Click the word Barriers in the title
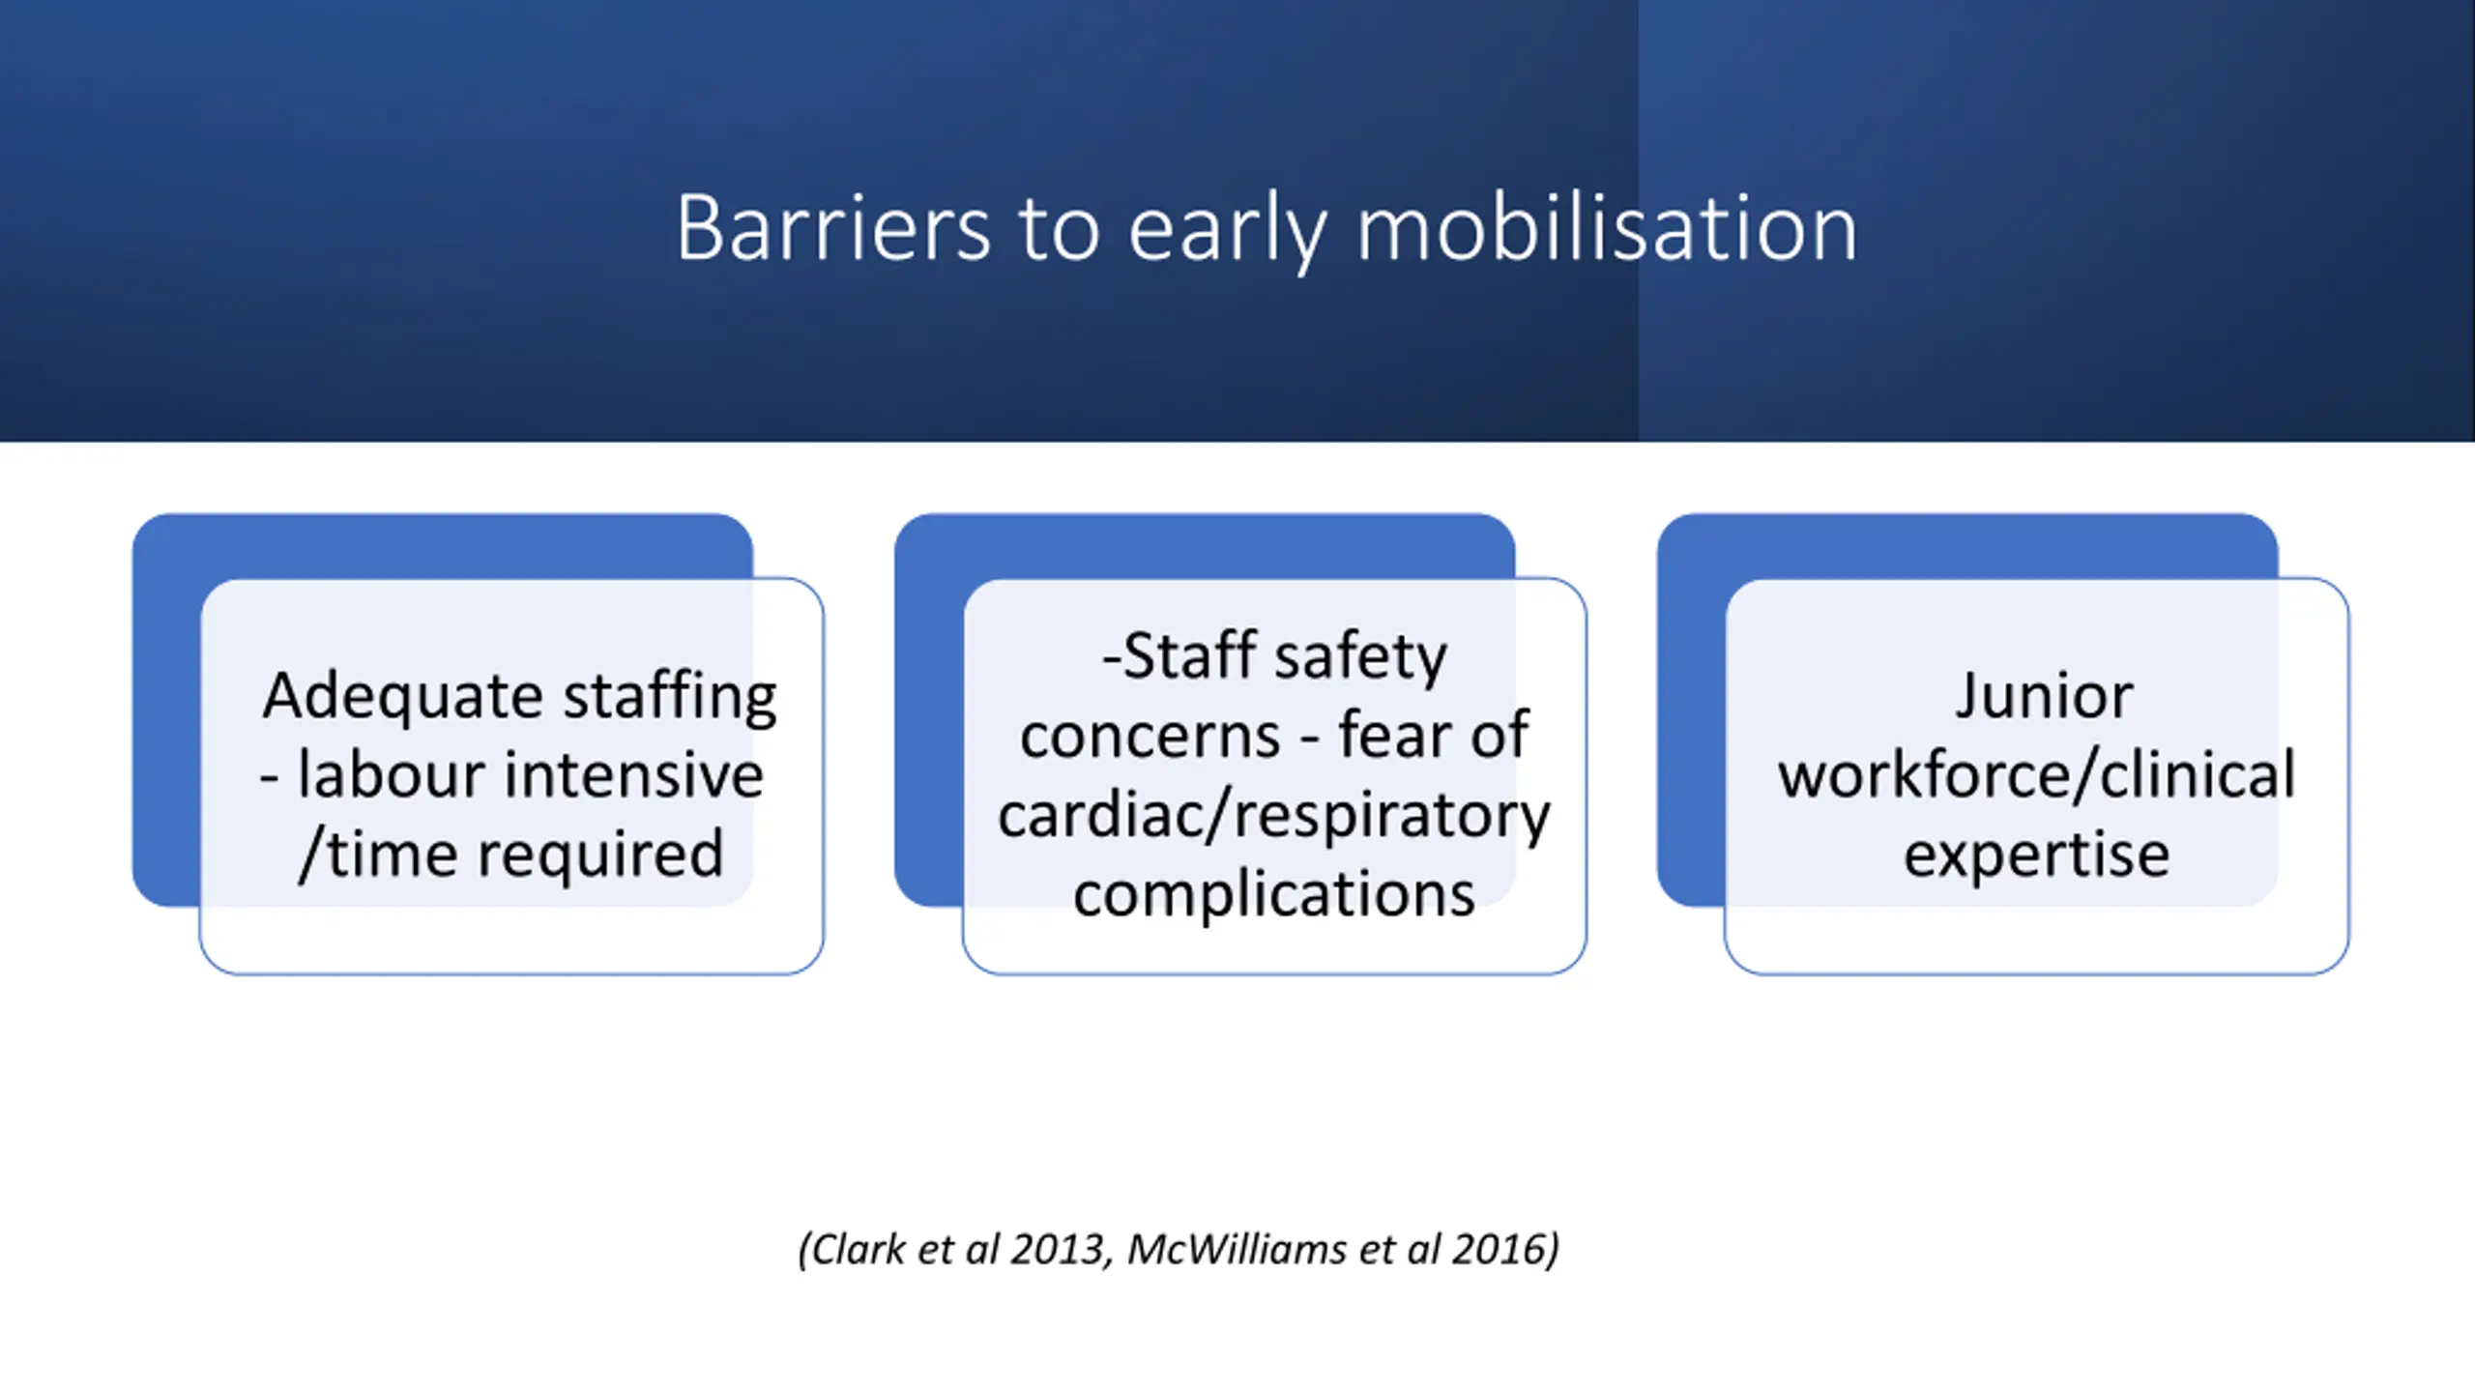pyautogui.click(x=832, y=228)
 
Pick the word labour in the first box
pyautogui.click(x=385, y=775)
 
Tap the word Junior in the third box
pyautogui.click(x=2044, y=696)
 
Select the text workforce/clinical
pyautogui.click(x=2036, y=775)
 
